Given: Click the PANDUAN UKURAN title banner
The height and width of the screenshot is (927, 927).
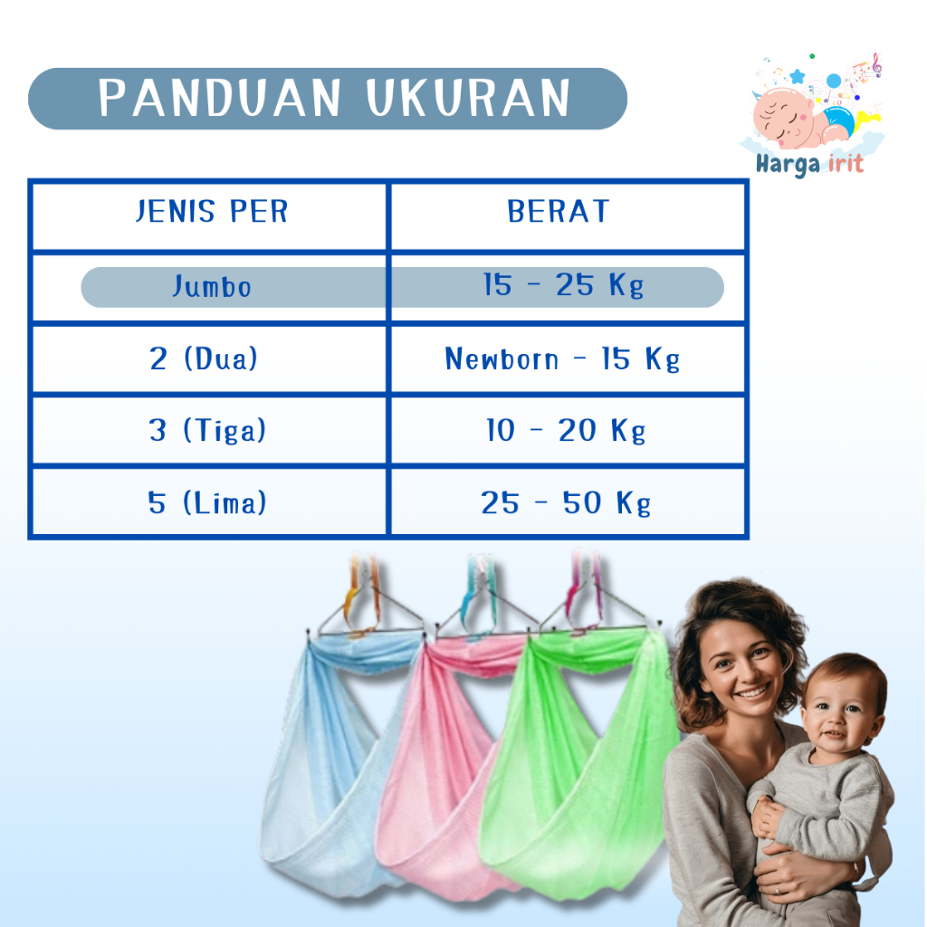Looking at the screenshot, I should tap(328, 99).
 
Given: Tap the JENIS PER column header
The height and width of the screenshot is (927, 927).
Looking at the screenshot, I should tap(211, 213).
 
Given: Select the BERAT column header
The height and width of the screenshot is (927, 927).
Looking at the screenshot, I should tap(559, 213).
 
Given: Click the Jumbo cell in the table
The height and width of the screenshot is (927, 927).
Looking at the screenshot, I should tap(212, 287).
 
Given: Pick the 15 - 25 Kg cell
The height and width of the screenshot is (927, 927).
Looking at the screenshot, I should tap(563, 287).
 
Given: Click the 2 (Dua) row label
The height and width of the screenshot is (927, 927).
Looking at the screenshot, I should tap(204, 358).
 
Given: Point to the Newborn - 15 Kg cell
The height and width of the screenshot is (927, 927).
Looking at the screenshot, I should tap(562, 359).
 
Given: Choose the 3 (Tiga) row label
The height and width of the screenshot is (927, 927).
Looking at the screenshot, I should tap(207, 430).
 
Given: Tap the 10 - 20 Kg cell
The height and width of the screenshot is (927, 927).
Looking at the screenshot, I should tap(566, 431).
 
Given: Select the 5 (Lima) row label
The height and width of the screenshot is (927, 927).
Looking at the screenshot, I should tap(207, 502).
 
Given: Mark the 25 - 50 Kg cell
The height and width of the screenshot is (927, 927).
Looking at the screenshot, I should tap(566, 503).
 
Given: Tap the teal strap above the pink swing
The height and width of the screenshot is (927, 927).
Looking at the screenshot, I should tap(476, 588).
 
